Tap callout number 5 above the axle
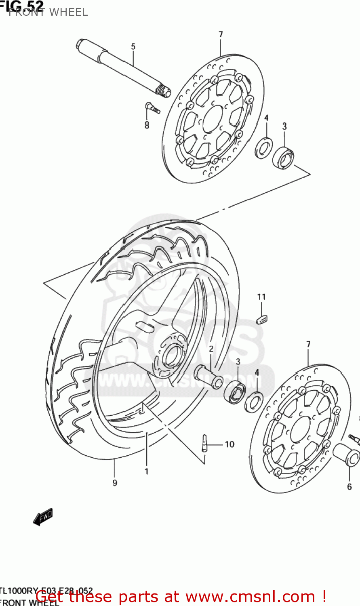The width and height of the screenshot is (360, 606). pos(133,47)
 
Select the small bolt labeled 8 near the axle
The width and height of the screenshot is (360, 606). pos(152,108)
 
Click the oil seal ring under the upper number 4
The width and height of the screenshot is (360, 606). pos(264,148)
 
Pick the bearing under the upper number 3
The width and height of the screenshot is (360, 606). pos(283,158)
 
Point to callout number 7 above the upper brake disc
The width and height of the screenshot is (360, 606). pos(221,35)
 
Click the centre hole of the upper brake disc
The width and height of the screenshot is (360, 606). pos(213,119)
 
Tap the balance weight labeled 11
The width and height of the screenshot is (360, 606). pos(261,319)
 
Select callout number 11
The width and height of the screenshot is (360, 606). pos(261,297)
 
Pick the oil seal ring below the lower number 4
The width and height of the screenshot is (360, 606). pos(254,402)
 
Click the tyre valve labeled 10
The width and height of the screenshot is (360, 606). pos(205,443)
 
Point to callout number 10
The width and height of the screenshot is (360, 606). pos(229,444)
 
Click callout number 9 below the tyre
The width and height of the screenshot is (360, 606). pos(115,483)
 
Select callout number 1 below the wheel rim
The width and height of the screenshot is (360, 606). pos(147,471)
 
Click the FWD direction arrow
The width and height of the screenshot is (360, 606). pos(42,517)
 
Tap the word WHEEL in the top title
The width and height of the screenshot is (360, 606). pos(69,13)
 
